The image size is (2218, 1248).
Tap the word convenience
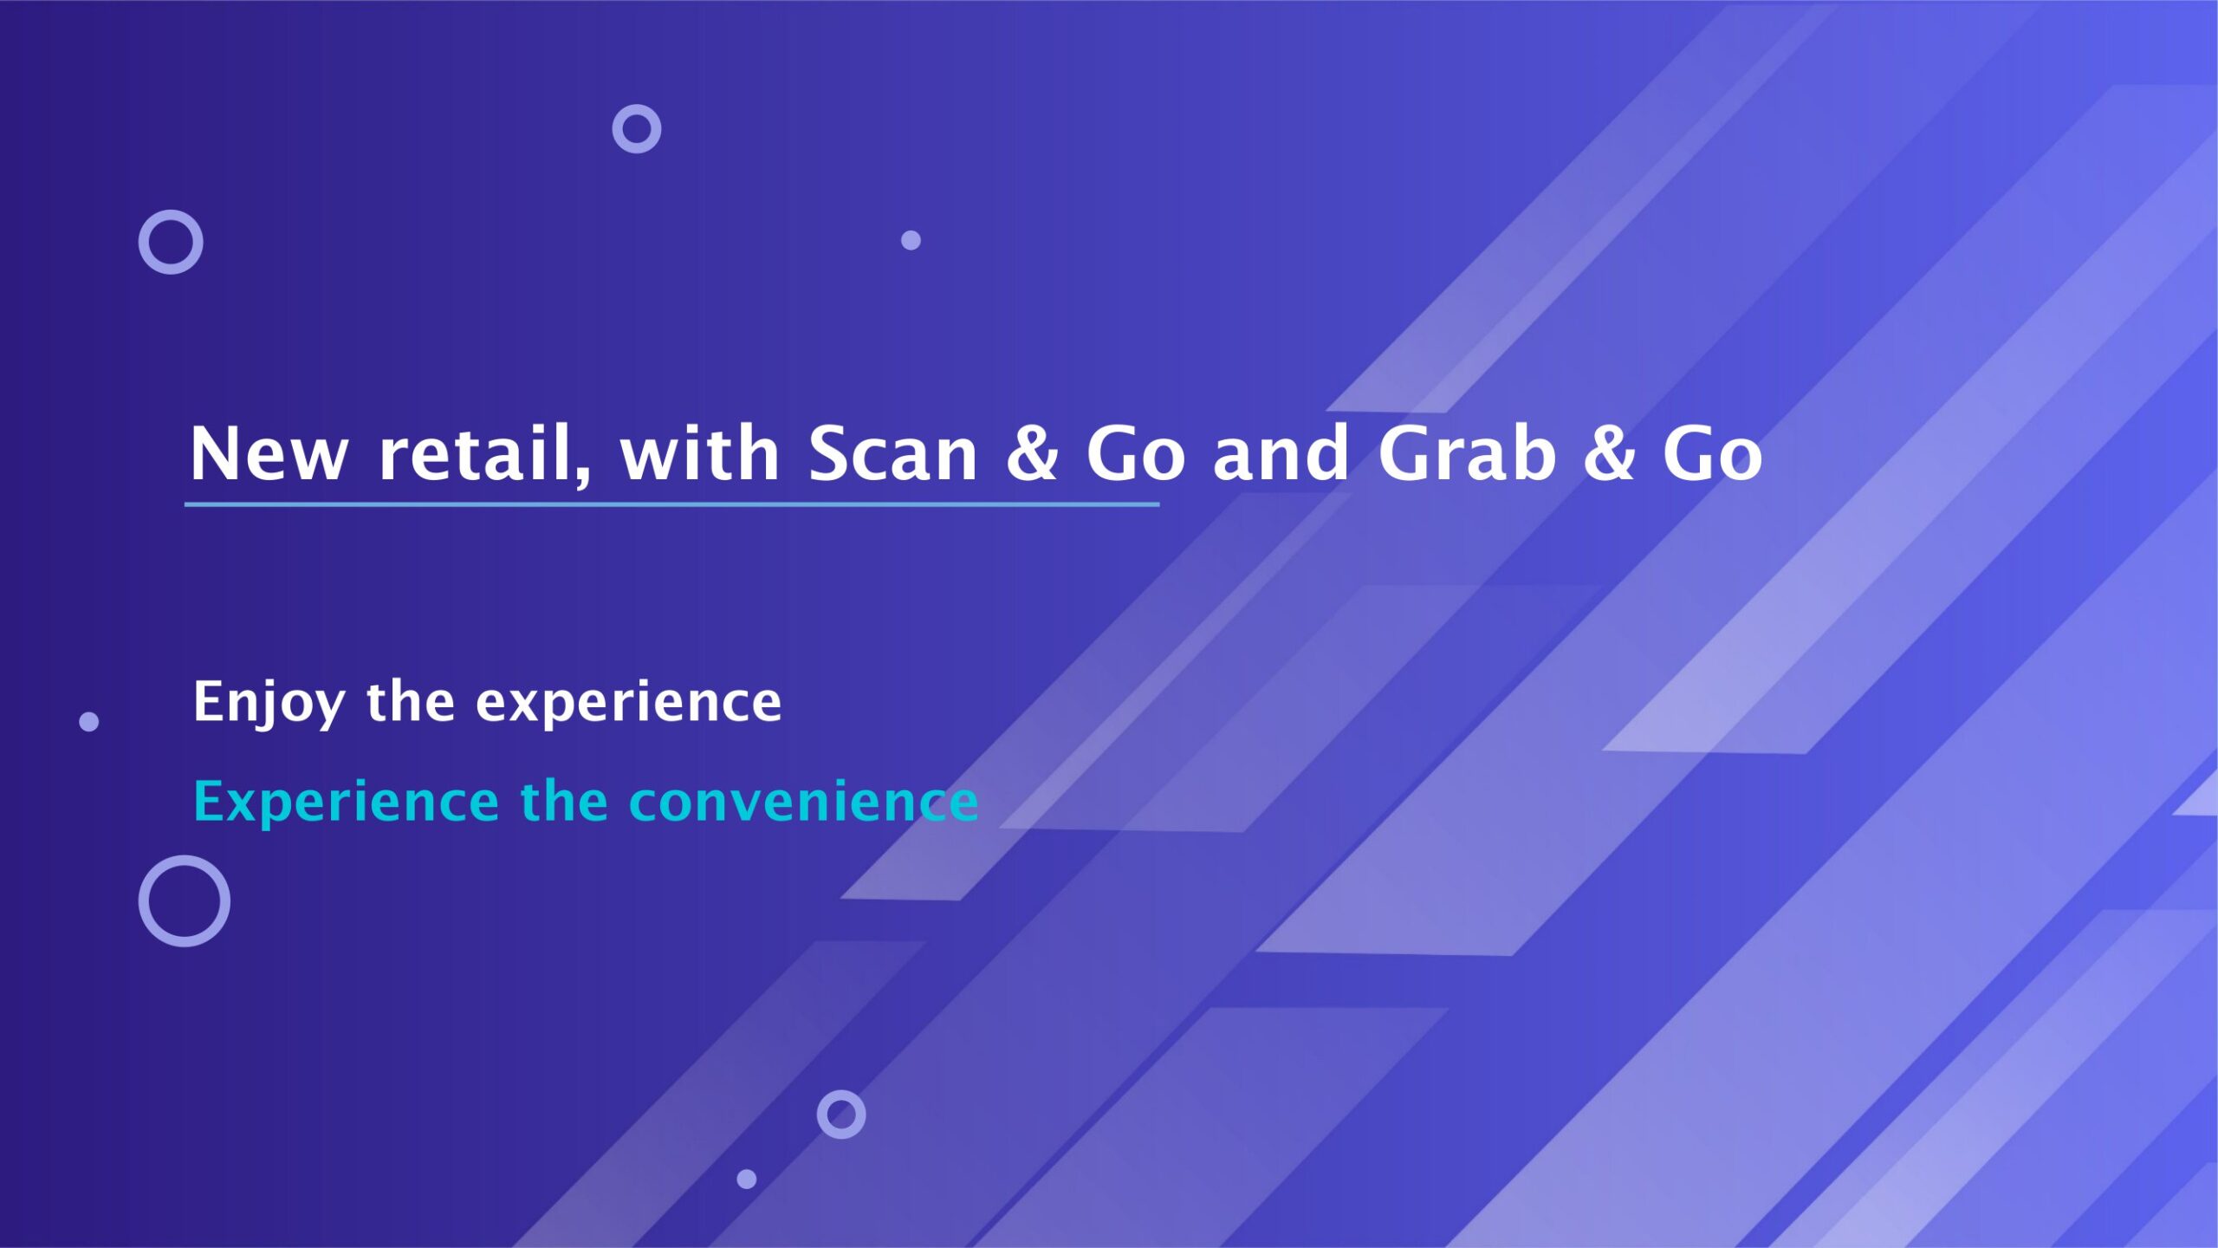pyautogui.click(x=804, y=802)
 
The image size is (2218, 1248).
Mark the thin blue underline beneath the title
pyautogui.click(x=671, y=504)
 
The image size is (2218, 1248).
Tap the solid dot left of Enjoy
pyautogui.click(x=88, y=721)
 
